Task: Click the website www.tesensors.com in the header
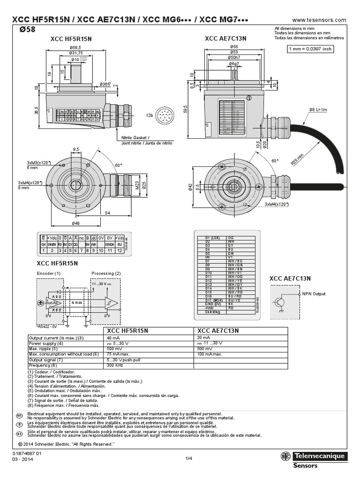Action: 319,20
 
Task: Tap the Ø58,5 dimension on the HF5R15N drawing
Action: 76,48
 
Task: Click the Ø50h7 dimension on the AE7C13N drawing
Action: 233,57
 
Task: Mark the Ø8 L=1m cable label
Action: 319,110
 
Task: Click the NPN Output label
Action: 313,294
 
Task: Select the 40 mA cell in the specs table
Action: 113,337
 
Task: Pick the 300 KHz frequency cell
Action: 115,365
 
